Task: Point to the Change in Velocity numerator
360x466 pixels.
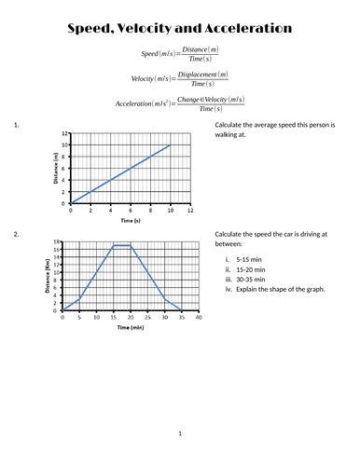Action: [x=206, y=100]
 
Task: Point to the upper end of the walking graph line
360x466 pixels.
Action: [x=170, y=144]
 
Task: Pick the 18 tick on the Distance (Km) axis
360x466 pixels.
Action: [x=56, y=241]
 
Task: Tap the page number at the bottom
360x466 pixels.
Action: [x=180, y=433]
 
